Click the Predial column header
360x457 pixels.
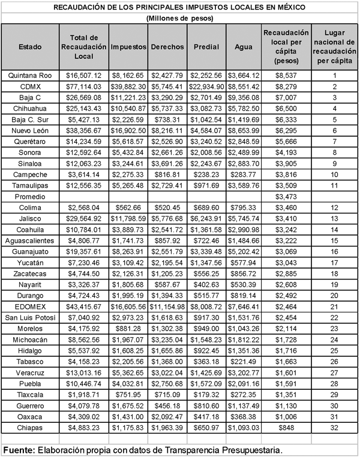206,47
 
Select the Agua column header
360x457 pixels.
244,47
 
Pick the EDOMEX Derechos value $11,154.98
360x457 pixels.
167,306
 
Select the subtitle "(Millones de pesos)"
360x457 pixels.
179,19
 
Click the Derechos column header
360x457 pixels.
167,47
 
